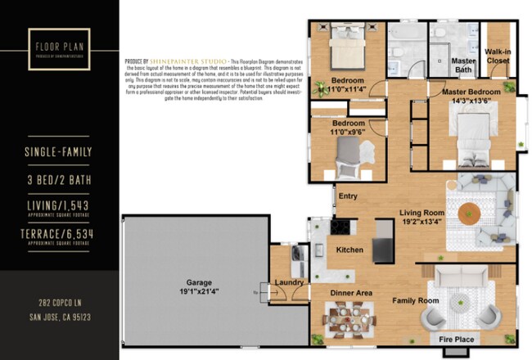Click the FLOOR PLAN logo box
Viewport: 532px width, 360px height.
(59, 51)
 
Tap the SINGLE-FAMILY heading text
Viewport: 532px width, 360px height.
(59, 151)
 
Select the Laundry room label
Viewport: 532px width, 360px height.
(290, 283)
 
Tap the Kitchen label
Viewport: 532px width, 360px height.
(349, 250)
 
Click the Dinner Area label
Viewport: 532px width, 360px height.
(351, 292)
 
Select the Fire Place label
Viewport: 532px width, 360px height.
(457, 339)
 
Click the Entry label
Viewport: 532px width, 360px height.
(348, 196)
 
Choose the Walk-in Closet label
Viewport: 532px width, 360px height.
(498, 56)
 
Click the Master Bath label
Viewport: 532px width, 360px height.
(464, 65)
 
